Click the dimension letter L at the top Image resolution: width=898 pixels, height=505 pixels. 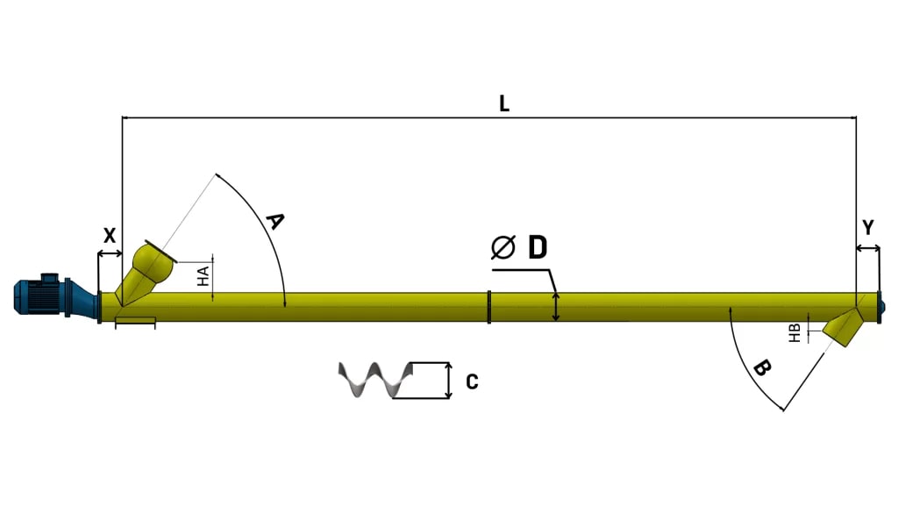click(x=504, y=103)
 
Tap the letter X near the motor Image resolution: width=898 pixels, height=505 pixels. click(x=110, y=235)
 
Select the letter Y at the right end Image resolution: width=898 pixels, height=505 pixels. click(x=867, y=228)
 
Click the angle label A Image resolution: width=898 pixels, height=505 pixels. click(x=274, y=221)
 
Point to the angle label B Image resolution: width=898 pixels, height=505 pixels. click(x=761, y=368)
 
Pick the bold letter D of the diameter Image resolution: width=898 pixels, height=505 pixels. click(x=537, y=248)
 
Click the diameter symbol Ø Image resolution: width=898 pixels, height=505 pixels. click(x=502, y=248)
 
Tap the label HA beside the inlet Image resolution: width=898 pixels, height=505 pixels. click(x=203, y=276)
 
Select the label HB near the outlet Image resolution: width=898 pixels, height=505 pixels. click(x=794, y=332)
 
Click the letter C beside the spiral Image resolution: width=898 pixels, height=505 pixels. click(x=472, y=382)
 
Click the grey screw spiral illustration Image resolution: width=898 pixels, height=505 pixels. click(x=374, y=381)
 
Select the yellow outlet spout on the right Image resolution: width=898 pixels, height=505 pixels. click(x=845, y=328)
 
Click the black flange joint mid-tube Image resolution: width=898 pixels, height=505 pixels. click(x=488, y=307)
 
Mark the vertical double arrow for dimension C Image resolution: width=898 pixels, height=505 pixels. click(x=448, y=381)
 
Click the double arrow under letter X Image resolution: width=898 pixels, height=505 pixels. click(x=110, y=254)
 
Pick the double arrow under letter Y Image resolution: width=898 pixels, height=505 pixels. click(x=867, y=250)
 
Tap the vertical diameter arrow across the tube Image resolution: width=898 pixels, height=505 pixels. click(x=555, y=307)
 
